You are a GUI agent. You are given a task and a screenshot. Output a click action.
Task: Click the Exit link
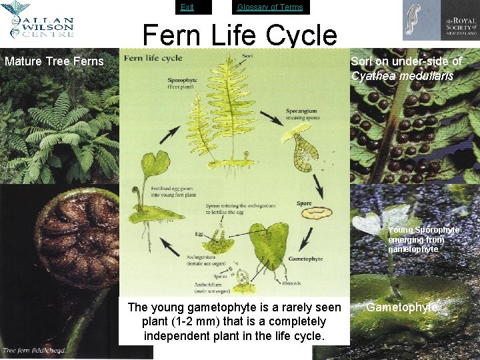[187, 7]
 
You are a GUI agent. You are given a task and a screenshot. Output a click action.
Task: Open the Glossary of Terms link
[270, 7]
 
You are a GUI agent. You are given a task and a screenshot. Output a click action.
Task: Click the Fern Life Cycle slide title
[239, 35]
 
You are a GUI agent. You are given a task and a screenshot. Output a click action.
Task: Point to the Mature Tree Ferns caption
[54, 62]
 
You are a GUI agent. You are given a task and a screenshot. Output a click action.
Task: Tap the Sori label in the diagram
[247, 56]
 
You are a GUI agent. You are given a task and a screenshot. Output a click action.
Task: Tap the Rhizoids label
[291, 283]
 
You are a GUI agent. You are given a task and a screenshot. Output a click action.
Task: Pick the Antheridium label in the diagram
[210, 284]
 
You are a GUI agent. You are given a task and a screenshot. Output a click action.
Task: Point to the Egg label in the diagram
[199, 234]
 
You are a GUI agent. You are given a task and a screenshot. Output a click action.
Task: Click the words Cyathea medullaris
[402, 75]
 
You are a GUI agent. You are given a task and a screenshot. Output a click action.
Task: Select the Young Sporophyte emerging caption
[423, 239]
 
